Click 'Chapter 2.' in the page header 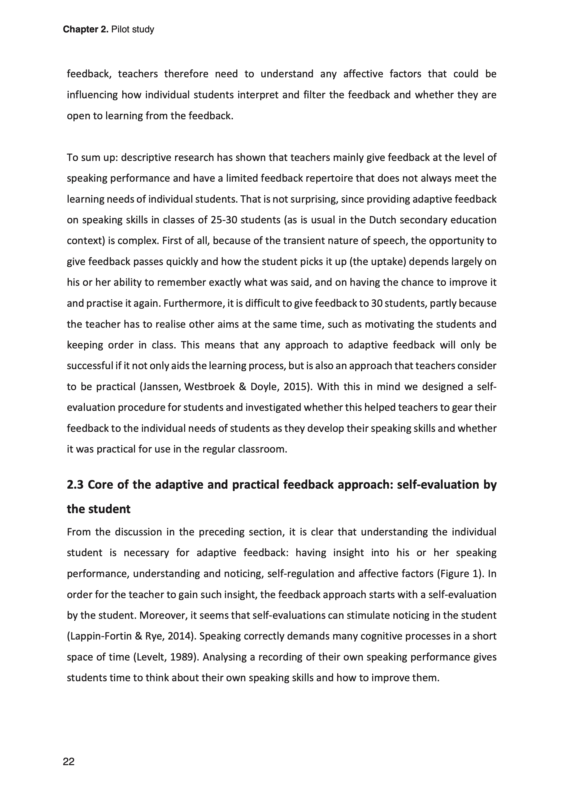[86, 29]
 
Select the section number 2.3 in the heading [75, 484]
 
